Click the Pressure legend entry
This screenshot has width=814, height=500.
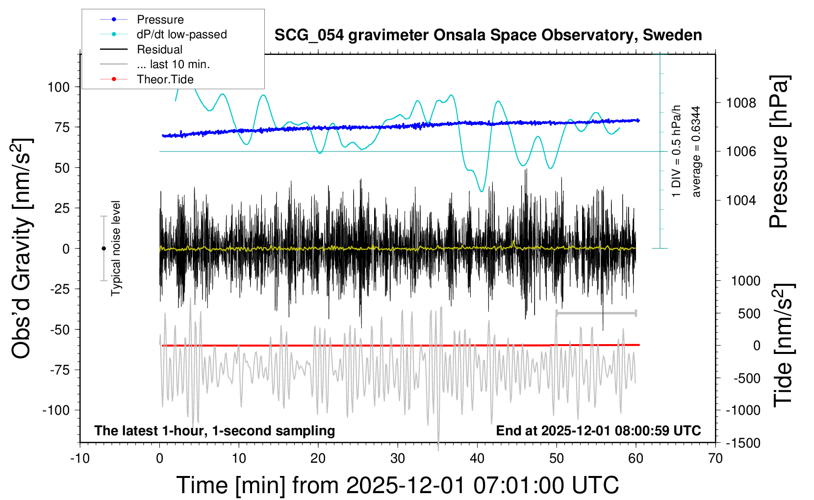(x=160, y=20)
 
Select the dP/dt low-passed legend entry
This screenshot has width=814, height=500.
(x=181, y=34)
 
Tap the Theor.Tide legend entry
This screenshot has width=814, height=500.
(x=165, y=79)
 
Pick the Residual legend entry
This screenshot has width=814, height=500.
(x=159, y=50)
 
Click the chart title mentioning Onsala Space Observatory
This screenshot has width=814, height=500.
(x=488, y=35)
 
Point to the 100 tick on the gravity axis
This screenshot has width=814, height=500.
(x=58, y=87)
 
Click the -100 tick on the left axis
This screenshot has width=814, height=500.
(x=56, y=410)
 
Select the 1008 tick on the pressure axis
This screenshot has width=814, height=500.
(x=741, y=103)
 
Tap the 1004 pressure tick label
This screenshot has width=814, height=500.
(x=741, y=200)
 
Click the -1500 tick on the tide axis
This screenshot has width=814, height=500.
(x=743, y=443)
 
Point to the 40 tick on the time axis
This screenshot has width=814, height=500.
(x=477, y=459)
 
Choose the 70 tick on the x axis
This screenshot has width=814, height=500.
(x=715, y=459)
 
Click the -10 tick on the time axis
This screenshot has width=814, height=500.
(x=80, y=459)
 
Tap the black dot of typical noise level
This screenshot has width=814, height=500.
(x=103, y=249)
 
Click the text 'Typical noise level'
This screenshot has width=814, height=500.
(x=116, y=249)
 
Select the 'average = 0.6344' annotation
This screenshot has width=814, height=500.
(x=696, y=152)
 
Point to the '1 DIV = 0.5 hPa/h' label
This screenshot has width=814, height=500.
(x=677, y=151)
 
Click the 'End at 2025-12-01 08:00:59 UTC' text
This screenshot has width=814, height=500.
(x=598, y=431)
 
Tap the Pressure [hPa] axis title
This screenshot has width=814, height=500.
(x=779, y=152)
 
